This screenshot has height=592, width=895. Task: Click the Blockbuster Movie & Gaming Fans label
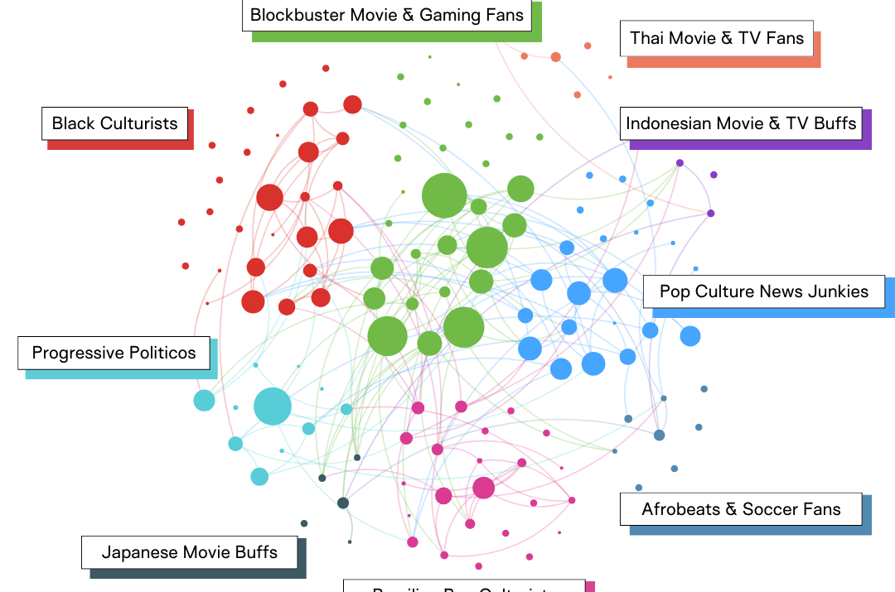click(387, 15)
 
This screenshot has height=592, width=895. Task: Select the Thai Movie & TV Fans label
click(717, 37)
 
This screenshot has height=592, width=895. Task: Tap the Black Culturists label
click(114, 123)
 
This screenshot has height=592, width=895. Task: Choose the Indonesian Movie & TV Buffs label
click(741, 123)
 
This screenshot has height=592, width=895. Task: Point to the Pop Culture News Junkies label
click(763, 291)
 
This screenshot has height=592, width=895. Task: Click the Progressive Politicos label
click(114, 353)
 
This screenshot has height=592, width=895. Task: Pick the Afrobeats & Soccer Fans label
click(741, 508)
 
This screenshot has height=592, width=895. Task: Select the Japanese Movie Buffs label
click(189, 551)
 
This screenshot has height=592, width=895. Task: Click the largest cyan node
click(273, 407)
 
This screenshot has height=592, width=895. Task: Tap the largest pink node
click(483, 488)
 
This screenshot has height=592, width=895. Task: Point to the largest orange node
click(556, 57)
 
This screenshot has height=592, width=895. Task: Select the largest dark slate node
click(343, 503)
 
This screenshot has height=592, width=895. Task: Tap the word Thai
click(646, 37)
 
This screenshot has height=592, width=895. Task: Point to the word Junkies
click(836, 291)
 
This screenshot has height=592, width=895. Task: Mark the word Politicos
click(155, 353)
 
